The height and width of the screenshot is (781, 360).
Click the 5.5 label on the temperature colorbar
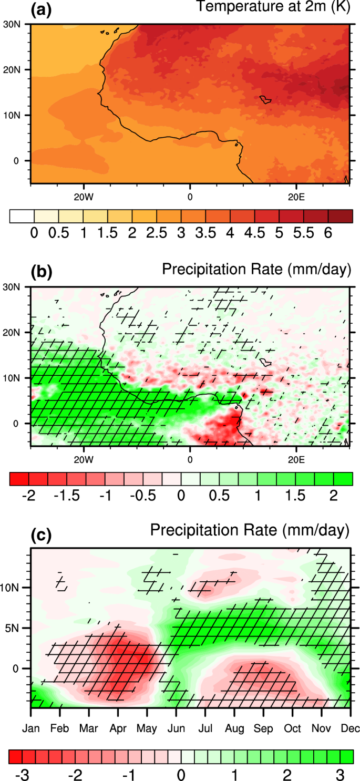(x=304, y=234)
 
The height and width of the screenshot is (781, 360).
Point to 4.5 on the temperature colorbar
(x=255, y=234)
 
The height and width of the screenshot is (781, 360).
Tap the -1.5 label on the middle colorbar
(x=73, y=496)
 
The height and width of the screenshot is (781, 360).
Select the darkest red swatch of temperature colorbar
(x=340, y=216)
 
